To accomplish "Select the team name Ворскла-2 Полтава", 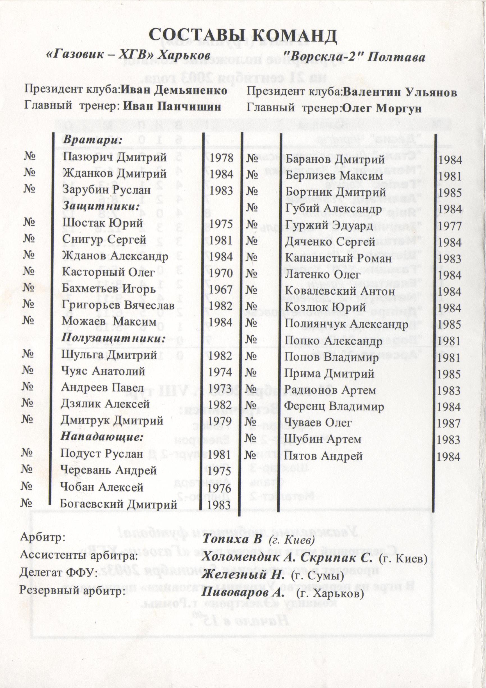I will (x=354, y=57).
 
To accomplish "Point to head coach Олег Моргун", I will (x=382, y=108).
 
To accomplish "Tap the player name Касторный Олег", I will (x=109, y=273).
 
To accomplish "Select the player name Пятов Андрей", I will (x=323, y=456).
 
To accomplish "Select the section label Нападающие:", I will (x=101, y=437).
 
